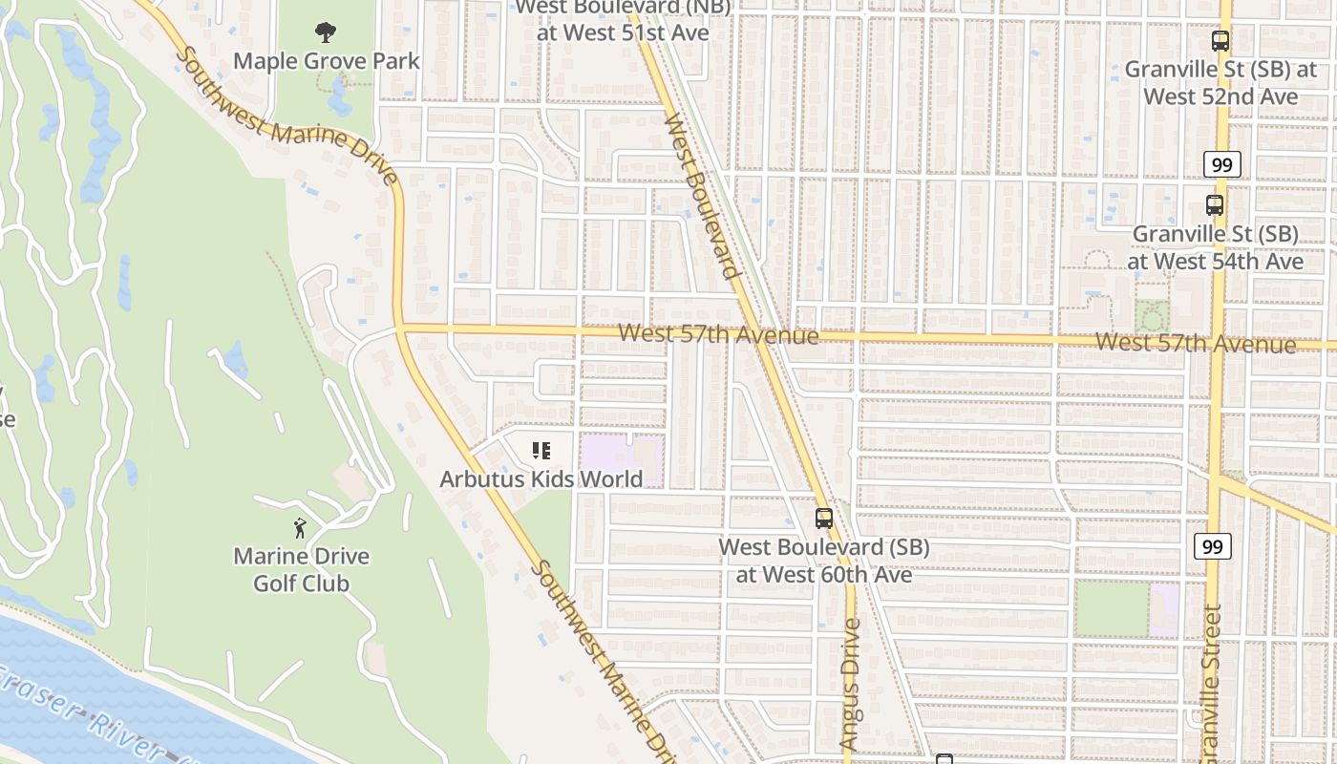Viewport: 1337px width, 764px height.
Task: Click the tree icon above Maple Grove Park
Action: (326, 32)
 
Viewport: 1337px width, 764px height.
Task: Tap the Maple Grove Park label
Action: (327, 61)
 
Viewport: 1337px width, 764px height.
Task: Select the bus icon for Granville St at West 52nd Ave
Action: (1220, 41)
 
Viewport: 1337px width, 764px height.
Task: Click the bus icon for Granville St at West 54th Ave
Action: (1214, 204)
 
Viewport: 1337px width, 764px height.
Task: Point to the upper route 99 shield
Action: (1221, 164)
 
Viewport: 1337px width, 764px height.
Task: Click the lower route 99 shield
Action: (1212, 546)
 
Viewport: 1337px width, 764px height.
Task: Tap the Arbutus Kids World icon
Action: (541, 450)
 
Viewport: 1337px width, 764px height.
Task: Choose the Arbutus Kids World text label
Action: (541, 478)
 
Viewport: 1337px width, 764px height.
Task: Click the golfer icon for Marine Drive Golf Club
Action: (301, 527)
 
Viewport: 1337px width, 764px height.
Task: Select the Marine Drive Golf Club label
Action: (302, 569)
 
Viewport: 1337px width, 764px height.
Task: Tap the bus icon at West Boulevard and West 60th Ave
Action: (823, 519)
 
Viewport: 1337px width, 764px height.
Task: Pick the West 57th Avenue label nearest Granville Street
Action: (1195, 343)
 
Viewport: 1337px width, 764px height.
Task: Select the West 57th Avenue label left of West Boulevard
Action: (718, 335)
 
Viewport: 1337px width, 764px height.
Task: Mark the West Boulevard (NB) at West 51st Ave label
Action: (623, 20)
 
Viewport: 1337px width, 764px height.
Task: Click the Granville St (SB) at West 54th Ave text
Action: (1215, 247)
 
